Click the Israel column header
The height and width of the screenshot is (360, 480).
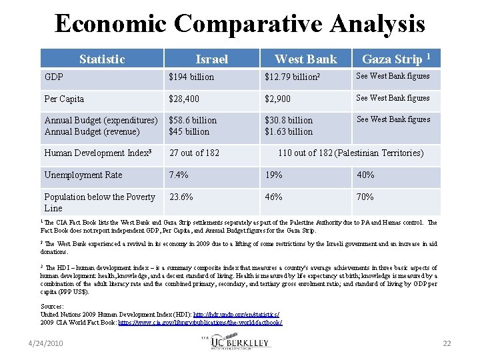coord(211,59)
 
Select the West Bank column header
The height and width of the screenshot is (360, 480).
coord(306,59)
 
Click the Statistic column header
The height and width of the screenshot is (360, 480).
coord(101,59)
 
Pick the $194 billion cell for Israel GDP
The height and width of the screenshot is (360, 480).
coord(192,77)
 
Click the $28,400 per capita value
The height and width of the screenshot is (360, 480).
coord(183,99)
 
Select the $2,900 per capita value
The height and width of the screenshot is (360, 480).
coord(278,99)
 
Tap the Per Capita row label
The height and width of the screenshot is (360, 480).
coord(64,99)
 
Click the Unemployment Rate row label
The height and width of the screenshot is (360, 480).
coord(83,175)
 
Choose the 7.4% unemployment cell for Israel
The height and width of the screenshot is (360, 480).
coord(179,175)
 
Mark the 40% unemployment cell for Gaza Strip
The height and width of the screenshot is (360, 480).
coord(365,175)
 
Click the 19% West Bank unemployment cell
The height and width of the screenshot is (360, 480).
coord(273,175)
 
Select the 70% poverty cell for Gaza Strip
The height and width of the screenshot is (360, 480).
coord(365,197)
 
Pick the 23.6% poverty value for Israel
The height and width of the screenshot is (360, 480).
coord(181,197)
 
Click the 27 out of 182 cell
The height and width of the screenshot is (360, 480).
coord(194,153)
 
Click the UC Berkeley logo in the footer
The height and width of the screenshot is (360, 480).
coord(240,342)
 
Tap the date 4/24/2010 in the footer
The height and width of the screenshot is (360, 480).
coord(45,343)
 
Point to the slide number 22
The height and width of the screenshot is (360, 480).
coord(447,343)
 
